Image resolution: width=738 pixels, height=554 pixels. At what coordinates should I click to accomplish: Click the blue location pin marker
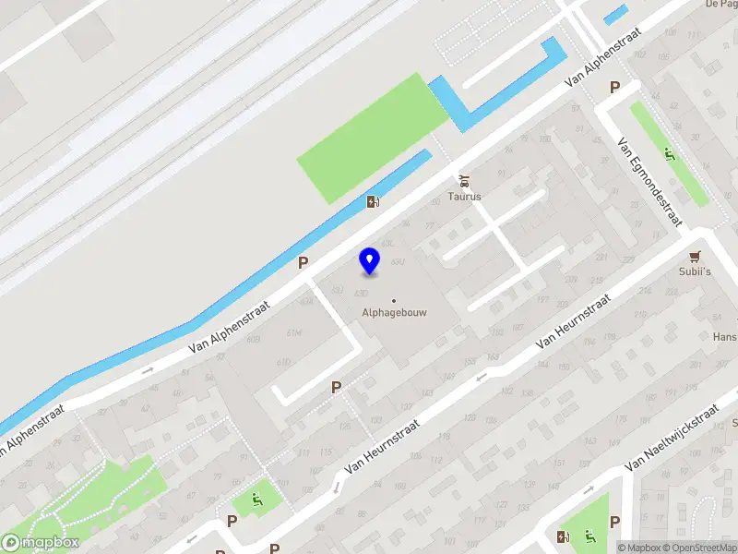point(370,261)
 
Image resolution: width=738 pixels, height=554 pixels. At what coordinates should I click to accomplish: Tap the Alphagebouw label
point(394,312)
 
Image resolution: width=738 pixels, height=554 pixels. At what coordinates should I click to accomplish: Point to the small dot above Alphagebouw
point(394,300)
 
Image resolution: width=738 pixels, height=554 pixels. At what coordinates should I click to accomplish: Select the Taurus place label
point(465,196)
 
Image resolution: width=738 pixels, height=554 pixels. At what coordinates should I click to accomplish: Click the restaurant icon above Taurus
point(465,179)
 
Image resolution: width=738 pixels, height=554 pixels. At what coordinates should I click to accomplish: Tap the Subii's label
point(696,272)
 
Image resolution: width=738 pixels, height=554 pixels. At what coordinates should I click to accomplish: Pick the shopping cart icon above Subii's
point(696,256)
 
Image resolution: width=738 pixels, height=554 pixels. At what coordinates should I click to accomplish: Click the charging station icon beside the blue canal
point(373,201)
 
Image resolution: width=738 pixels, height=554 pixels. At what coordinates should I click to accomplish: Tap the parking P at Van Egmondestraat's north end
point(614,87)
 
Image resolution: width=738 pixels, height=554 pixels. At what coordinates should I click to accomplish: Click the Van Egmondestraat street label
point(649,182)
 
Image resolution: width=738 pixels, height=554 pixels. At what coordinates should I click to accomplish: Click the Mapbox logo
point(41,543)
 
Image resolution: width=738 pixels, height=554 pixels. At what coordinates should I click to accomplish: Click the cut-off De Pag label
point(720,5)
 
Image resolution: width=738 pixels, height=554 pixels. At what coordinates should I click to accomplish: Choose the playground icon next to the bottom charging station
point(589,536)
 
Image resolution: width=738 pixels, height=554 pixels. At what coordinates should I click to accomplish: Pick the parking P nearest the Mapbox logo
point(232,521)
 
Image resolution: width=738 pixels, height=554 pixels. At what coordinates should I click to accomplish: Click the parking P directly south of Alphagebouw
point(337,388)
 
